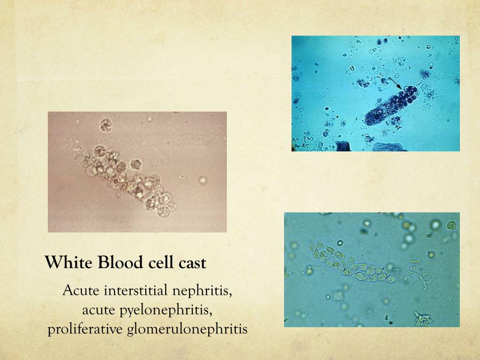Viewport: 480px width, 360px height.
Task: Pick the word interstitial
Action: pos(135,291)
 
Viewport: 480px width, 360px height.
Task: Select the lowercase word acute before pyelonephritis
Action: pos(99,310)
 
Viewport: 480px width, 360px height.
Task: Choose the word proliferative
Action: pos(85,329)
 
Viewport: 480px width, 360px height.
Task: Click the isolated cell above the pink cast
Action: pos(106,125)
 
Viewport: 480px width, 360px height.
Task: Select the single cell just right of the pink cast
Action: pos(136,164)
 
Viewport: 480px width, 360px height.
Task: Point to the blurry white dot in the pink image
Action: pos(202,180)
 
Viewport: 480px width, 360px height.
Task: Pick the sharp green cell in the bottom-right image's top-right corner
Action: pos(451,225)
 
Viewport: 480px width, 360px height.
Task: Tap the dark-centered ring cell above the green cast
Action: pos(340,243)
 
